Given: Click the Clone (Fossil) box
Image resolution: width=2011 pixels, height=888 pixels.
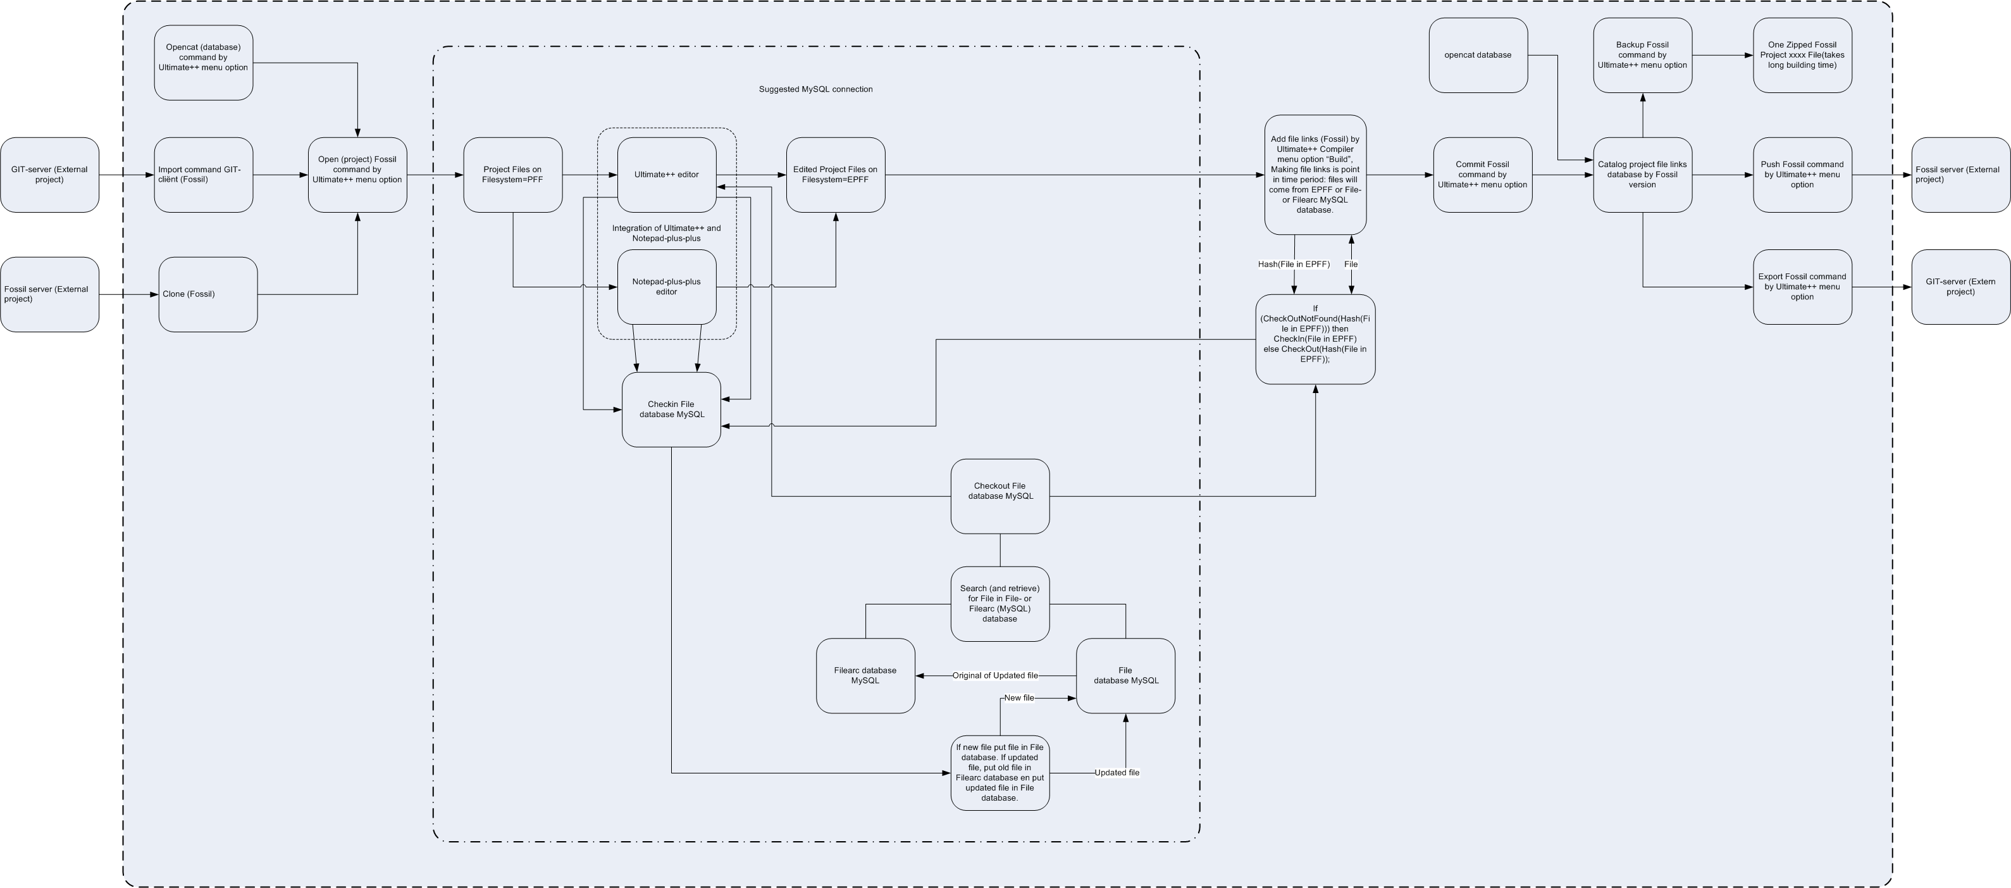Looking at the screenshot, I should coord(207,294).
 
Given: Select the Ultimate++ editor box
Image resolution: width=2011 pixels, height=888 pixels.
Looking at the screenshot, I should coord(667,175).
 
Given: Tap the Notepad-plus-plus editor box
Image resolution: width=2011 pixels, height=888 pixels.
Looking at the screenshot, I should coord(667,287).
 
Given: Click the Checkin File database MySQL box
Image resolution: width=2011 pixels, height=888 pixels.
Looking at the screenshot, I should coord(671,410).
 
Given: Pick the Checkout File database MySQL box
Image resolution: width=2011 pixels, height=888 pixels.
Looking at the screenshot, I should coord(1000,496).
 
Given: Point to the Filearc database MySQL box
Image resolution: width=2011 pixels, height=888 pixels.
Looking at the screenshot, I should coord(865,675).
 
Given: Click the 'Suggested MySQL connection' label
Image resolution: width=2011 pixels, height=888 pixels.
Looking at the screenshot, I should coord(816,89).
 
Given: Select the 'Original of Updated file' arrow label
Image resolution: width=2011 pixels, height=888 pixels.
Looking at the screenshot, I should coord(995,675).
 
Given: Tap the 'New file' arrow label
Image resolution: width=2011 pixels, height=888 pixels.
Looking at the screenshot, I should coord(1018,697).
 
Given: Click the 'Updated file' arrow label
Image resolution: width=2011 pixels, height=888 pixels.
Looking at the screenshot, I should coord(1117,772).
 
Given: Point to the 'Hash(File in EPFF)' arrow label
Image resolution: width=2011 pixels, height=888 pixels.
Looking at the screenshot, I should coord(1294,264).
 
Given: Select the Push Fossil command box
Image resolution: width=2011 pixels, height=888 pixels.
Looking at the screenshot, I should coord(1802,175).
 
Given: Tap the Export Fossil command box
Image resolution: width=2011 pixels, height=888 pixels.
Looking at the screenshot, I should coord(1802,287).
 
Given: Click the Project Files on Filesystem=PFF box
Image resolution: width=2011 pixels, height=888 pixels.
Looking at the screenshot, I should coord(512,175).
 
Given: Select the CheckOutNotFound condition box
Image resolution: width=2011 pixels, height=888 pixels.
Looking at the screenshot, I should coord(1315,339).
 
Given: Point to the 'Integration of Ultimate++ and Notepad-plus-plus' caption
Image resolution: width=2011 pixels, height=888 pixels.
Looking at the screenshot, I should coord(667,233).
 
